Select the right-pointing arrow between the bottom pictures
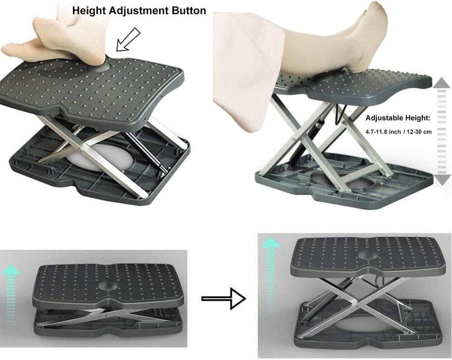coord(223,299)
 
